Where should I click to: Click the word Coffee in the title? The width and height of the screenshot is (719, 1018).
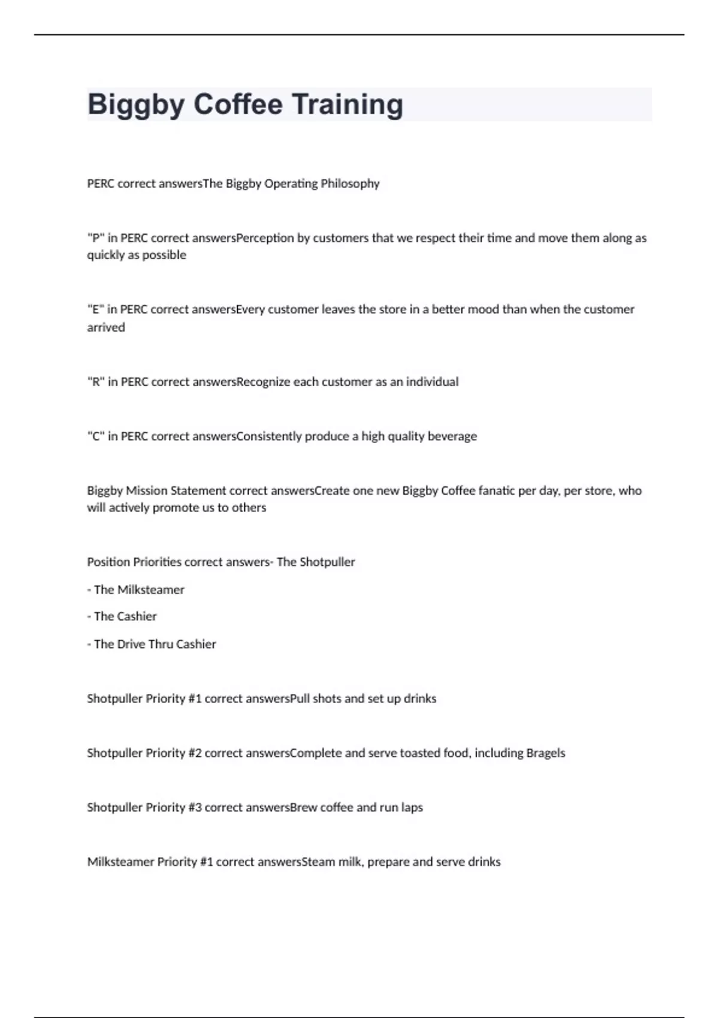238,104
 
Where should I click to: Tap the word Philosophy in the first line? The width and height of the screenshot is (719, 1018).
350,183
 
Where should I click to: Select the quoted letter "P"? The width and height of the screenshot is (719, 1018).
96,238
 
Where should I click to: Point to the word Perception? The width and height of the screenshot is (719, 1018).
265,238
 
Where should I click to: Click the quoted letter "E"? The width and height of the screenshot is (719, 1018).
96,310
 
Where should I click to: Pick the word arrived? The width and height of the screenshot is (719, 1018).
106,328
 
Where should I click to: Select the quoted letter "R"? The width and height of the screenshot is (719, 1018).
96,382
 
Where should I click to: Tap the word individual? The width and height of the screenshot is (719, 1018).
432,382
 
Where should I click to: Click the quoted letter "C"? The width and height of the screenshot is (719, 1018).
96,437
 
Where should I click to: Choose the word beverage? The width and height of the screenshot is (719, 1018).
452,437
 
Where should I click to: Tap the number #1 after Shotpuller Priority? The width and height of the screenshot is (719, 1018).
195,699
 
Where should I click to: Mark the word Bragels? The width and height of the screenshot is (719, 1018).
545,753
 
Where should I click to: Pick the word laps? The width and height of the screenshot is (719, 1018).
412,808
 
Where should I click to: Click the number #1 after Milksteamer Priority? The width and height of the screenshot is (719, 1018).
206,862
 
